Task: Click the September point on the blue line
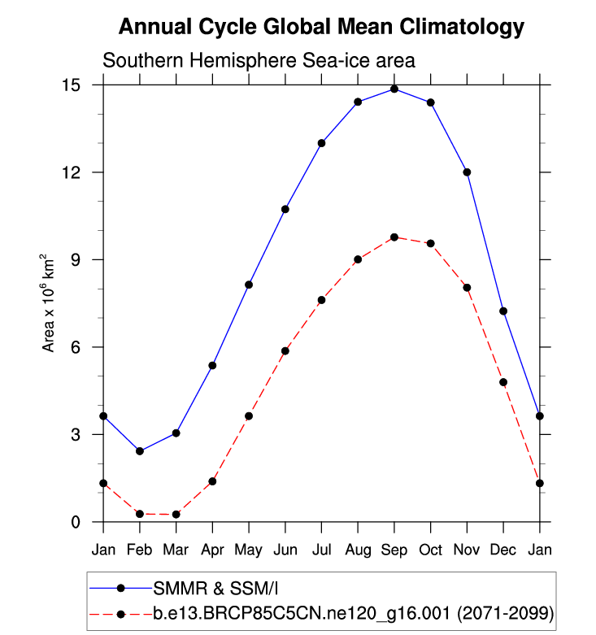[394, 89]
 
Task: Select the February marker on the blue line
[140, 450]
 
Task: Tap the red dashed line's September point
[394, 237]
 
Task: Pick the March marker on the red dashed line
[176, 514]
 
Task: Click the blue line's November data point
[467, 172]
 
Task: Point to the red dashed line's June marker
[285, 350]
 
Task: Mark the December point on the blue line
[503, 311]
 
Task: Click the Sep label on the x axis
[394, 550]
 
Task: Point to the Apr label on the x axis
[212, 550]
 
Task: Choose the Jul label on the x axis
[321, 550]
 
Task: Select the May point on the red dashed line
[249, 415]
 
